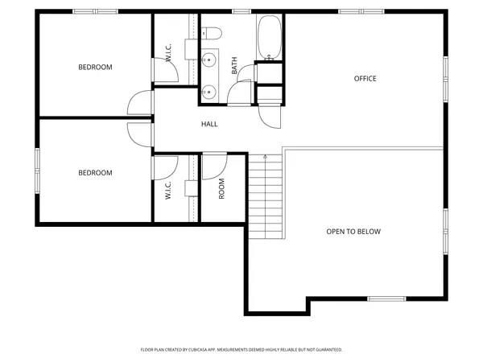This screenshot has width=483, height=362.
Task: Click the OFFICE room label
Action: click(365, 78)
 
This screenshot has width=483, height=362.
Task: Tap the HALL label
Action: click(209, 124)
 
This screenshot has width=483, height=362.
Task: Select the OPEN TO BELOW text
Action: click(353, 232)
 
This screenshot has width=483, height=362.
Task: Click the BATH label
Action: click(234, 65)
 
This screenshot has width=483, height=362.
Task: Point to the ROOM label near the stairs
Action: click(221, 188)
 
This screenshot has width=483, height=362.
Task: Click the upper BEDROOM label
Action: click(95, 67)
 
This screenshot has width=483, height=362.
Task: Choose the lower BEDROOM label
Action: click(95, 172)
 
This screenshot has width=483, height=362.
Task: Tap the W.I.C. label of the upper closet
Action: click(169, 54)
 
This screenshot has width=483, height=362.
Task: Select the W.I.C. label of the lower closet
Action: click(169, 190)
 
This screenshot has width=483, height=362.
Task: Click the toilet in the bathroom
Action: click(212, 33)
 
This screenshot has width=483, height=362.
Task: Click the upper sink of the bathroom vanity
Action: click(209, 60)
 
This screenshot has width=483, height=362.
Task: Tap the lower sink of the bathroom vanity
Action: click(209, 90)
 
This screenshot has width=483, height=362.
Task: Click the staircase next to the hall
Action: click(266, 197)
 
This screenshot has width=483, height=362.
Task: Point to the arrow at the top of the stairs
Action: click(266, 157)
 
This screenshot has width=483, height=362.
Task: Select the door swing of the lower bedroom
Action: click(139, 133)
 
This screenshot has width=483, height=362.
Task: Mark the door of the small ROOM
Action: click(213, 167)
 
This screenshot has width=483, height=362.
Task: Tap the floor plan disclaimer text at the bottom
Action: click(242, 350)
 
